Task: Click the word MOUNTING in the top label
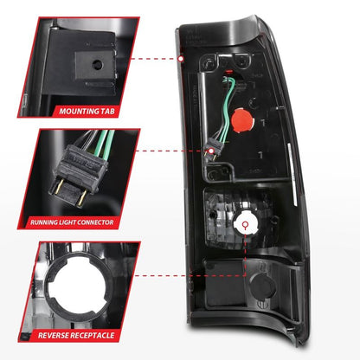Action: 74,112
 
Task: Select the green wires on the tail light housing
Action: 228,112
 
